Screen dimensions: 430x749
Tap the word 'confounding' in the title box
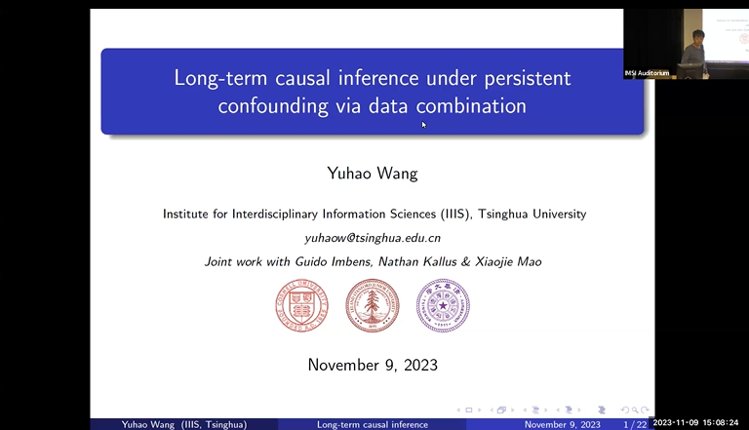(x=273, y=106)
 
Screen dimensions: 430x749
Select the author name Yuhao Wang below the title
(x=373, y=174)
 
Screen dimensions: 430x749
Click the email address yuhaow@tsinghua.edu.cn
(x=373, y=237)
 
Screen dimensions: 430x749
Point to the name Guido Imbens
(x=332, y=261)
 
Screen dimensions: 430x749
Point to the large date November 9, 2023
(x=373, y=366)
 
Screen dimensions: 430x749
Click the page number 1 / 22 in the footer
(x=634, y=424)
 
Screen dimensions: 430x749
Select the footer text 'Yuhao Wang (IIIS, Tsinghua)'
(x=183, y=424)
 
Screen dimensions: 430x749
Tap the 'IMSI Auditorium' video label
(x=648, y=74)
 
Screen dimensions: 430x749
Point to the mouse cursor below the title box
(x=424, y=124)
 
